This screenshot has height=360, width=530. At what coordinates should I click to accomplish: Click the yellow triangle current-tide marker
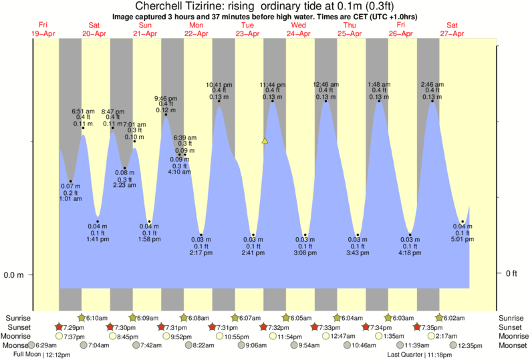click(265, 141)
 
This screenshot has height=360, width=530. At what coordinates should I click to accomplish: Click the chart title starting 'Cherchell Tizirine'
click(265, 6)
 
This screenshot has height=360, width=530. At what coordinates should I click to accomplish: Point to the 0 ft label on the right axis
click(512, 273)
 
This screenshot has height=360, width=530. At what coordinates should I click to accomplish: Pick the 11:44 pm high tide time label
click(273, 85)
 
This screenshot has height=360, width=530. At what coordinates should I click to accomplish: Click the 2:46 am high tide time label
click(432, 85)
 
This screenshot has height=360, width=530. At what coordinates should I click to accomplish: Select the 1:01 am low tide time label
click(70, 198)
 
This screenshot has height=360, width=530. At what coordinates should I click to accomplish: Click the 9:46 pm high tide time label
click(166, 98)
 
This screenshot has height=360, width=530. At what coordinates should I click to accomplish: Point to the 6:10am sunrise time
click(97, 318)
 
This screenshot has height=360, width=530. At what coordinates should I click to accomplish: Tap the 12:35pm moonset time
click(471, 345)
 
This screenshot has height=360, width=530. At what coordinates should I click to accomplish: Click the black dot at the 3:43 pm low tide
click(358, 235)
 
